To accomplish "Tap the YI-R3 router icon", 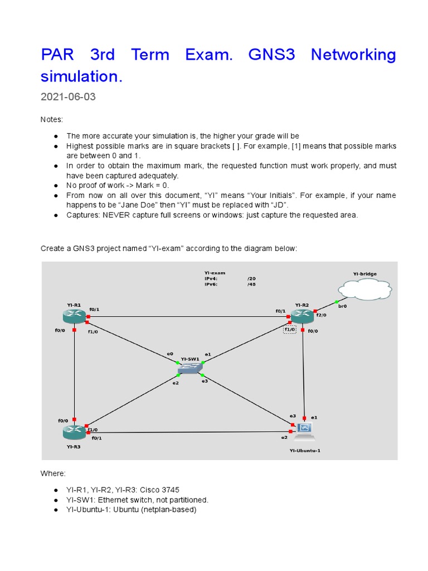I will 74,431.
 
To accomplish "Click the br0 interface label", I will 342,306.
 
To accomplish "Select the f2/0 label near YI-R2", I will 321,315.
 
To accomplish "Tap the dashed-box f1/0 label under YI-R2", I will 290,330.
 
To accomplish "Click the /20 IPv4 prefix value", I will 251,278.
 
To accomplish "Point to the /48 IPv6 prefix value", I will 251,284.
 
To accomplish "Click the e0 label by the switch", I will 170,354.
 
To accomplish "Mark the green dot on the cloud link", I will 337,302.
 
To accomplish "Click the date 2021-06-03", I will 68,97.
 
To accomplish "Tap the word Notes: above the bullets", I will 52,120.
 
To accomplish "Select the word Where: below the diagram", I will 53,473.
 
